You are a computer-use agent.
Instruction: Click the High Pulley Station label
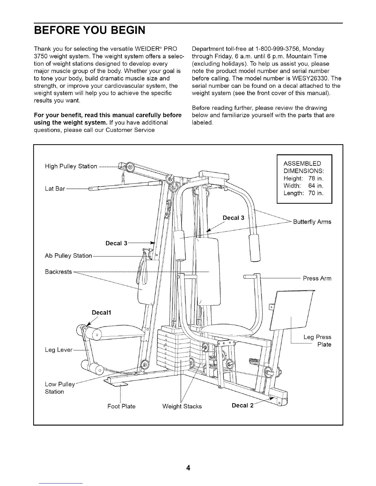tap(71, 166)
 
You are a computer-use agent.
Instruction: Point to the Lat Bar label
tap(55, 189)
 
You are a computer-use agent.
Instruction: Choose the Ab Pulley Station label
tap(69, 256)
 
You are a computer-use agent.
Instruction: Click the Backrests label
tap(58, 272)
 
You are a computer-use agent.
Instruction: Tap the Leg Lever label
tap(58, 350)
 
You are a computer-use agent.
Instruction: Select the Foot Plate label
tap(121, 406)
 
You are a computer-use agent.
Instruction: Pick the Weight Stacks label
tap(182, 406)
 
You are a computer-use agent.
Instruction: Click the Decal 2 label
tap(242, 406)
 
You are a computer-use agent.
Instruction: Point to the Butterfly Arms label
tap(312, 222)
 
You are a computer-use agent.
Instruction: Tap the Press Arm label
tap(317, 278)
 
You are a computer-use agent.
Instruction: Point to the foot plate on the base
tap(116, 384)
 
